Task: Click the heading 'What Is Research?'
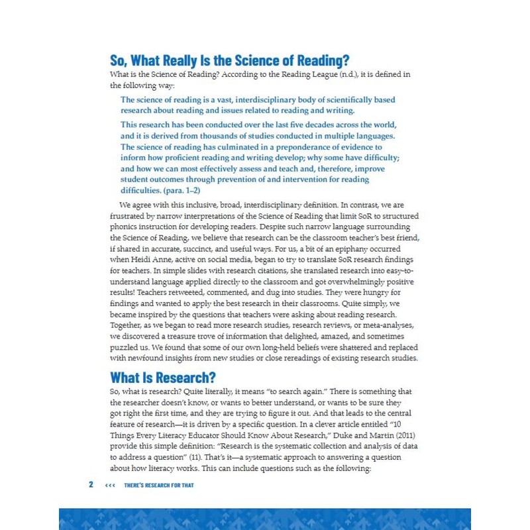[163, 378]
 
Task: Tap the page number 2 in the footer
[91, 485]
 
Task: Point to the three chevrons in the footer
[110, 485]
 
